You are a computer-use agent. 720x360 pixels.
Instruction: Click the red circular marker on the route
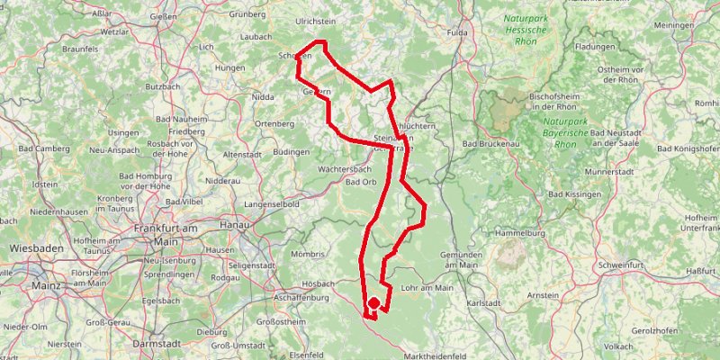click(373, 304)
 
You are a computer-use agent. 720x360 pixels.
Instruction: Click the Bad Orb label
click(361, 182)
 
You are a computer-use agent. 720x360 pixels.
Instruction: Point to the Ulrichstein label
click(317, 20)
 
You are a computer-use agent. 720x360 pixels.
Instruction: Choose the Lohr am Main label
click(429, 288)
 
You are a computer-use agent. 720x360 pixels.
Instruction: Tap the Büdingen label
click(290, 151)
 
